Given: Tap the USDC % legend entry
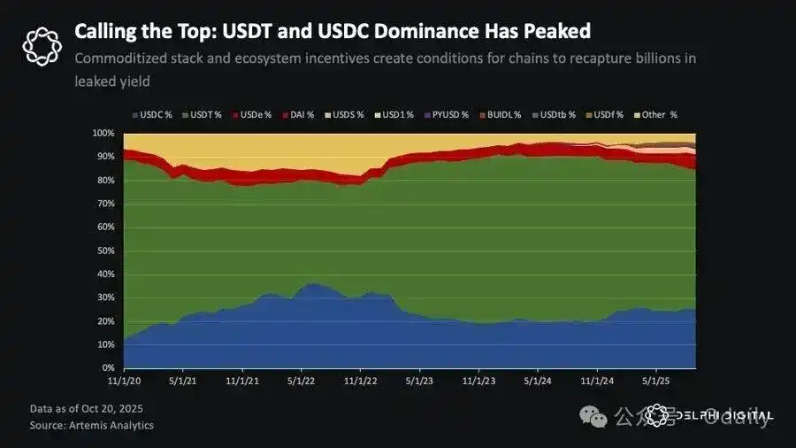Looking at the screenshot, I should coord(155,114).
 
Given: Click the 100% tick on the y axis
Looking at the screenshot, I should coord(103,134).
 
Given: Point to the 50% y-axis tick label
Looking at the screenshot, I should coord(105,251).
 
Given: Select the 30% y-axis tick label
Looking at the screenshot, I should coord(105,297).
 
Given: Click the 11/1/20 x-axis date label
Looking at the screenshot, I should coord(124,380).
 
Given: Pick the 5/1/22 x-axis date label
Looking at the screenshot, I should coord(302,380).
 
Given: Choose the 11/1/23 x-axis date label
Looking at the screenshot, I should coord(478,380).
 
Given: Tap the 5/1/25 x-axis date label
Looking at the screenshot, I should coord(655,380).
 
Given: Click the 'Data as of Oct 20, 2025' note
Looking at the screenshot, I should coord(86,409).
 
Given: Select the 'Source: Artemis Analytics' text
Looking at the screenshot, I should coord(92,425).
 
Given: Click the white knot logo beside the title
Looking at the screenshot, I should coord(41,45).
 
